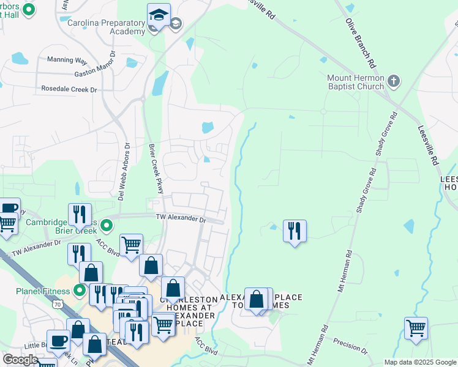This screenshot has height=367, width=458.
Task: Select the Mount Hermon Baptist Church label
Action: coord(355,83)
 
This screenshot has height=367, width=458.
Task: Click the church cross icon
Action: coord(394,80)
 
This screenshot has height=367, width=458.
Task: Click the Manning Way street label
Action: coord(67,60)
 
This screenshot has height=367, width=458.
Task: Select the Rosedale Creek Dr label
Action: coord(69,89)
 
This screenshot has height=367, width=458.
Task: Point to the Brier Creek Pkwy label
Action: coord(156,169)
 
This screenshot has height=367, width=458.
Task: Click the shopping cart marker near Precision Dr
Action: coord(416,328)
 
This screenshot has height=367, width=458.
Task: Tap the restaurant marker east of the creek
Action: coord(295,231)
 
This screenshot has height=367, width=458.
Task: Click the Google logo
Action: coord(20,360)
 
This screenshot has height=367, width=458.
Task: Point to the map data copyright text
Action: coord(420,362)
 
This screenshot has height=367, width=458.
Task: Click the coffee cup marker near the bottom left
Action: coord(58,341)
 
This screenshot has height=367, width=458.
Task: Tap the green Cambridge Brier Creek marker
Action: coord(107,226)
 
